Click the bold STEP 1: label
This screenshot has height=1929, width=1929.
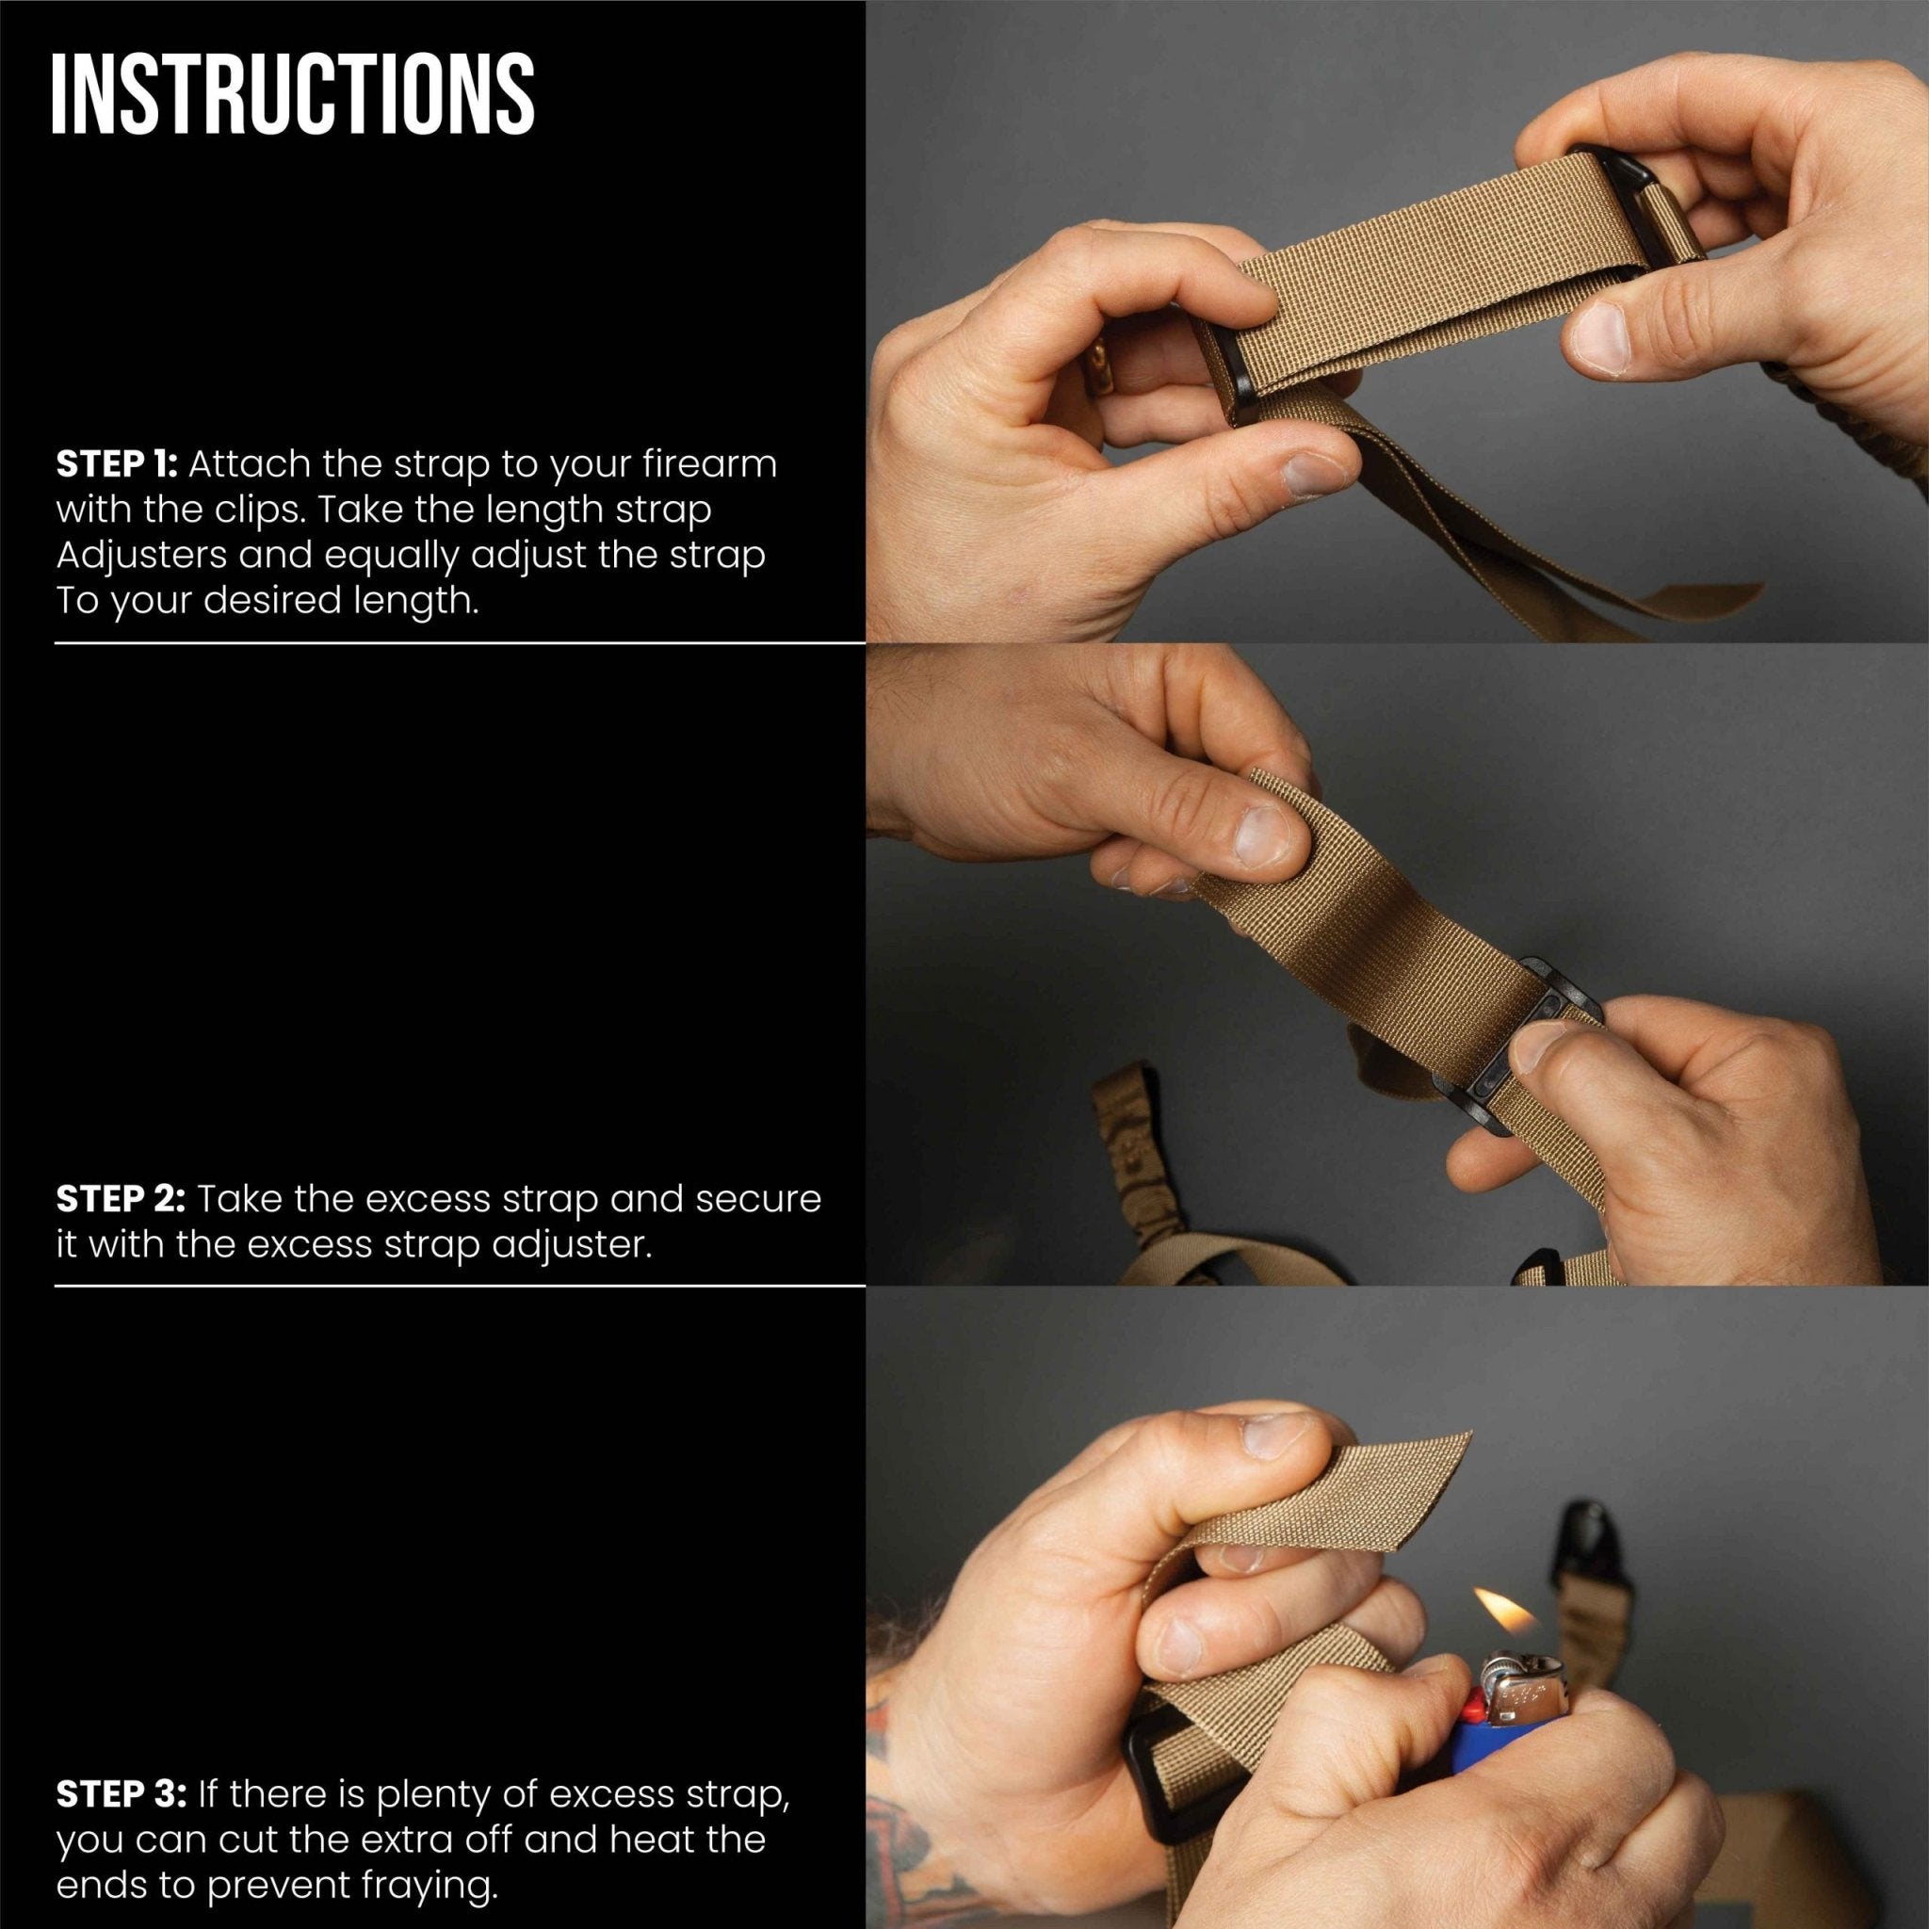117,464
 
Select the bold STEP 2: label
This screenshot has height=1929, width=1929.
121,1199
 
